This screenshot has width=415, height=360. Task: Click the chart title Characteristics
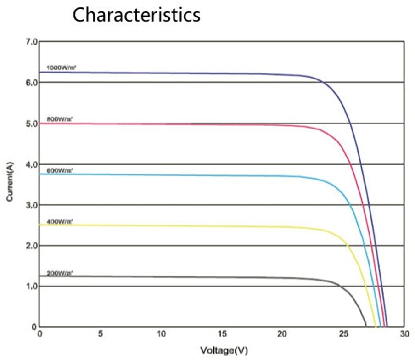136,15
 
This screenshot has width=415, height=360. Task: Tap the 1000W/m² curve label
62,67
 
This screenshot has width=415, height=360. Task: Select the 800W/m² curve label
60,119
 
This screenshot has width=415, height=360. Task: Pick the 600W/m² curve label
60,170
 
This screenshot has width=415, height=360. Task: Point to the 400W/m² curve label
60,222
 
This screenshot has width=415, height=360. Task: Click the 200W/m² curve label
60,273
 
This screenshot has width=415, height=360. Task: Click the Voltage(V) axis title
224,351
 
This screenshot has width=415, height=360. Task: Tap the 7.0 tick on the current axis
31,42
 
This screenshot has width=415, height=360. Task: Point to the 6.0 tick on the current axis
31,83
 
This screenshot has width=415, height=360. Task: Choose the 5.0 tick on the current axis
31,124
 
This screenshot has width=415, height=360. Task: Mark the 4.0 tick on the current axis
31,164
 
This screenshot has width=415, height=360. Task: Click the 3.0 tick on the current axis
31,205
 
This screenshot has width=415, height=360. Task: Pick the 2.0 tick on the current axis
31,246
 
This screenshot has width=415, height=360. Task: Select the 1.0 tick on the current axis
31,286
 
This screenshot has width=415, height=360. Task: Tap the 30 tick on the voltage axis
404,334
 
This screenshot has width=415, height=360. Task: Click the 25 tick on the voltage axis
343,334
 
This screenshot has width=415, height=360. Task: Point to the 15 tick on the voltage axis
222,334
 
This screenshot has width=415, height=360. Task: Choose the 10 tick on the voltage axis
161,334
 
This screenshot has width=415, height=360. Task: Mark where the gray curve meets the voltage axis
366,326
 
